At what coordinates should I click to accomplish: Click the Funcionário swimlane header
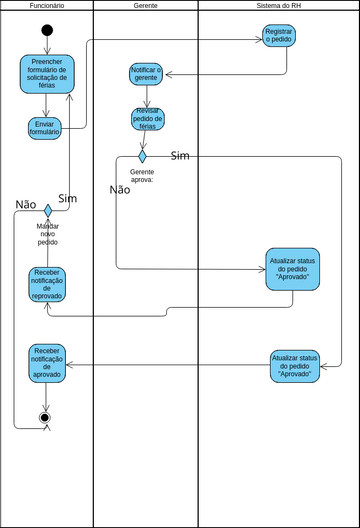click(x=47, y=6)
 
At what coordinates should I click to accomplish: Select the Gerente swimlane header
click(x=145, y=6)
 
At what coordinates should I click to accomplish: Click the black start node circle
click(x=47, y=30)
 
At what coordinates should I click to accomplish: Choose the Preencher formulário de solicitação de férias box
click(x=47, y=74)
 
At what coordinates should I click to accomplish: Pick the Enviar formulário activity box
click(x=47, y=127)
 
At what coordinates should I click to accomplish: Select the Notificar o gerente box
click(x=146, y=74)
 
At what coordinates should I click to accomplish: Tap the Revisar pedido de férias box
click(x=146, y=119)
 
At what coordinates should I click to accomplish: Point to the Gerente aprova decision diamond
click(x=142, y=156)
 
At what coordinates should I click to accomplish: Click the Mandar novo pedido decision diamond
click(x=47, y=210)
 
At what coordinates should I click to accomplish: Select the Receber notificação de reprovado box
click(x=47, y=284)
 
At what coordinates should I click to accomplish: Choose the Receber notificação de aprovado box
click(x=47, y=362)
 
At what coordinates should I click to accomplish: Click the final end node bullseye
click(x=44, y=416)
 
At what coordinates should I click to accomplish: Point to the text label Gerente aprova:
click(x=142, y=177)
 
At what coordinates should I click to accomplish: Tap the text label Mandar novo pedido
click(x=47, y=234)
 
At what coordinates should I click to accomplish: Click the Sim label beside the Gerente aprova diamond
click(x=180, y=155)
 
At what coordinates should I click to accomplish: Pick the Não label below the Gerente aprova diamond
click(x=119, y=189)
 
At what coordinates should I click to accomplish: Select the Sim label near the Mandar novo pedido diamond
click(x=68, y=198)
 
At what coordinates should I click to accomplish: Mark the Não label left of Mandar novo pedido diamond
click(x=26, y=204)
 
